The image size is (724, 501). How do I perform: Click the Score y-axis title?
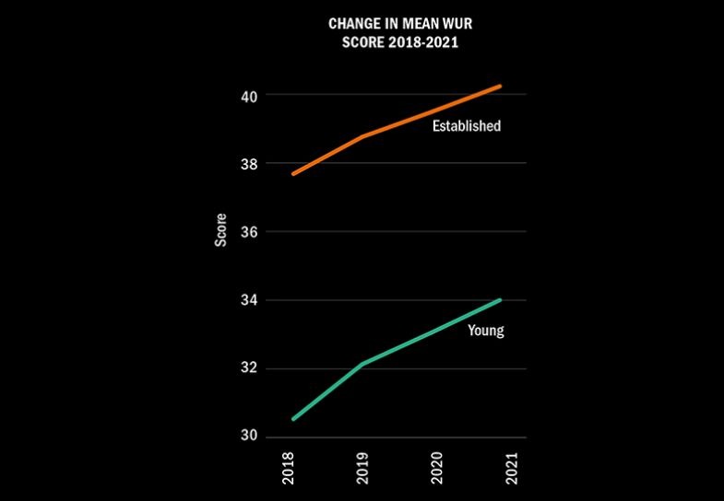220,230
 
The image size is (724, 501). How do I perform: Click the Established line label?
467,126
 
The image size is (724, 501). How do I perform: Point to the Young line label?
486,330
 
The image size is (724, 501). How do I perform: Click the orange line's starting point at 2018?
293,173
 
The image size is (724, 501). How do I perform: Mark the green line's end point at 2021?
500,299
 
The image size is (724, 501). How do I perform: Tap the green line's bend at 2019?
362,364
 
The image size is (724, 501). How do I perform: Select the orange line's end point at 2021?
500,87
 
